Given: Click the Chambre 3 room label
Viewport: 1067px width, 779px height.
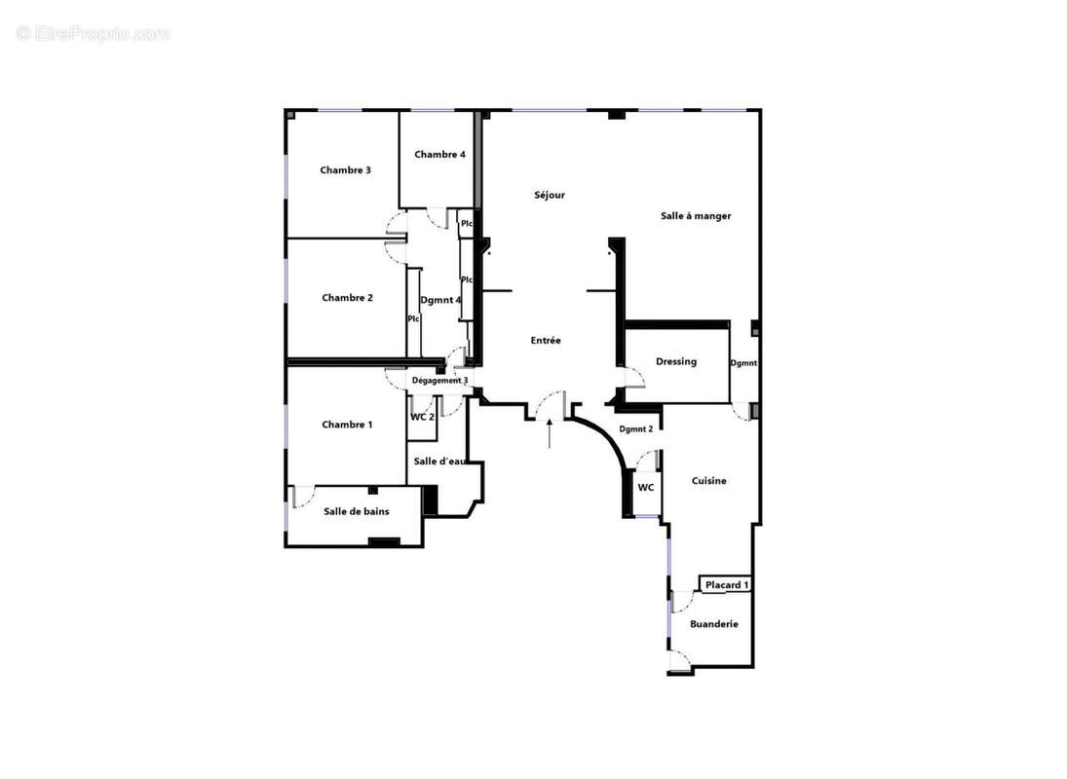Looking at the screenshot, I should pyautogui.click(x=345, y=170).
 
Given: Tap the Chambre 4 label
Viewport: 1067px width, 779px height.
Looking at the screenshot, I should pyautogui.click(x=439, y=155).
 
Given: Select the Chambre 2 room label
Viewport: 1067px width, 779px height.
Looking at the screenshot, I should pyautogui.click(x=347, y=298).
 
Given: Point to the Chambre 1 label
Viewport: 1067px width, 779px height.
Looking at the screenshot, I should pyautogui.click(x=347, y=425).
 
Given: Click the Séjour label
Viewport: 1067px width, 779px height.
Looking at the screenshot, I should pyautogui.click(x=549, y=195).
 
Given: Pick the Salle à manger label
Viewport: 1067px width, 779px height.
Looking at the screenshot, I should pyautogui.click(x=695, y=216).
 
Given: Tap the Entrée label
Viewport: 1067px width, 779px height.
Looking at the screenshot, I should pyautogui.click(x=546, y=341).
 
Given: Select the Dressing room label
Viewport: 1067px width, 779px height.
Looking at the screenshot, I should pyautogui.click(x=675, y=362).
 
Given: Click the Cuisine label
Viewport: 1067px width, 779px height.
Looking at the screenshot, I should pyautogui.click(x=708, y=481).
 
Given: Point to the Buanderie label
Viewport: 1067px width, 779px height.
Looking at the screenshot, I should pyautogui.click(x=713, y=624).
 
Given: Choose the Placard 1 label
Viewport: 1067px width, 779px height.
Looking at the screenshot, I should pyautogui.click(x=727, y=585).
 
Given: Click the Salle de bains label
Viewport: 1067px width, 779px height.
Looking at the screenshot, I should pyautogui.click(x=357, y=511).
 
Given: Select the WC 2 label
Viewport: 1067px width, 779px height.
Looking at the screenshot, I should pyautogui.click(x=422, y=417).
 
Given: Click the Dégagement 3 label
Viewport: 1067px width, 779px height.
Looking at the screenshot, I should pyautogui.click(x=440, y=381).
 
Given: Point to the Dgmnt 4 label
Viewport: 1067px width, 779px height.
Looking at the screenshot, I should pyautogui.click(x=440, y=300).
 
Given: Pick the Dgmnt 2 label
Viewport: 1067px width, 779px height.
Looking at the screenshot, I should pyautogui.click(x=635, y=429).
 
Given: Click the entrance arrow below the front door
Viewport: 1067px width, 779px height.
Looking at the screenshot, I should pyautogui.click(x=551, y=433).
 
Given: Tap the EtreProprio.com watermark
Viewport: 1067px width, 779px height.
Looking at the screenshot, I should pyautogui.click(x=94, y=33).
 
